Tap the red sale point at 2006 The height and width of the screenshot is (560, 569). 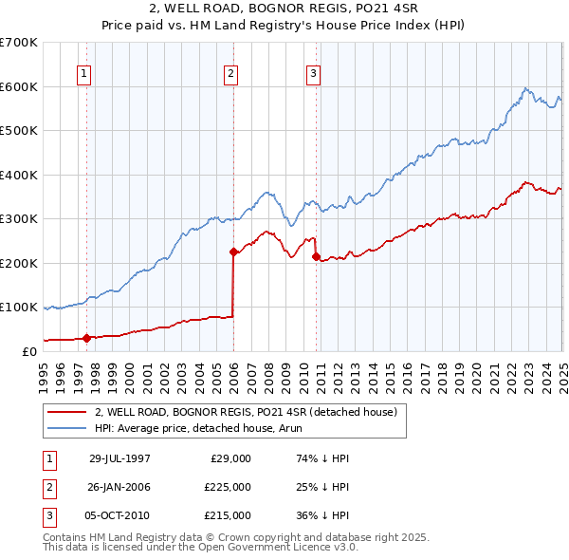[x=233, y=252]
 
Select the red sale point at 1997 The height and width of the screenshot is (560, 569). [x=87, y=338]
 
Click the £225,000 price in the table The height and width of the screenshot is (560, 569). [x=228, y=487]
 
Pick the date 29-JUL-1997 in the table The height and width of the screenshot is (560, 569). [x=119, y=458]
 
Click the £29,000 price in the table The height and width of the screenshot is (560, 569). [x=230, y=458]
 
